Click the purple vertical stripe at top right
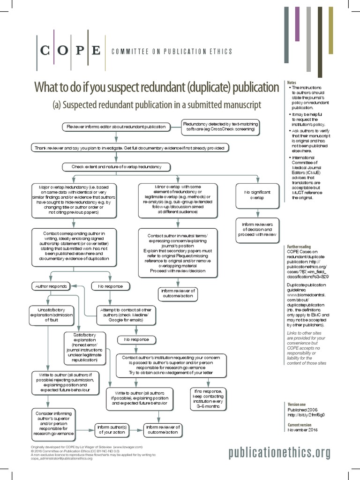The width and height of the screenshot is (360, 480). coord(297,24)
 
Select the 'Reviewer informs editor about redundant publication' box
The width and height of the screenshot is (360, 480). coord(116,127)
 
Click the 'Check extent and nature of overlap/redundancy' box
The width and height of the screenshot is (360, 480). coord(116,166)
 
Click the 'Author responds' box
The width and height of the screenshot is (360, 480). coord(50,285)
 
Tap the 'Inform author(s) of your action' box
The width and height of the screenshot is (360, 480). coord(112,430)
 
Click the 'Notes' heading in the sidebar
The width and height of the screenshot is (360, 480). coord(292,83)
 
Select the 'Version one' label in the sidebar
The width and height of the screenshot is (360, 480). coord(297,404)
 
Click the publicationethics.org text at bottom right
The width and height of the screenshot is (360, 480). coord(279,452)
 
